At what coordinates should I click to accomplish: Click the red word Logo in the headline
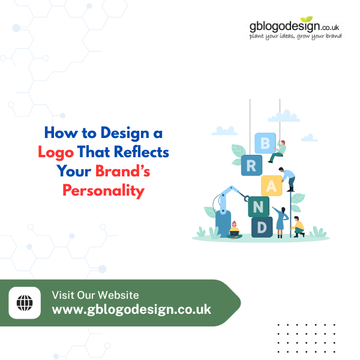pos(56,152)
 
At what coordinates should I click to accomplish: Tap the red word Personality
pos(104,191)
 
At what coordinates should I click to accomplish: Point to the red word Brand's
pos(124,172)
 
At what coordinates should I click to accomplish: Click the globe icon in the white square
pos(25,303)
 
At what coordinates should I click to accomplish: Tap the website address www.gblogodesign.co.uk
pos(131,310)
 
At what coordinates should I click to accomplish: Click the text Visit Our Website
pos(95,295)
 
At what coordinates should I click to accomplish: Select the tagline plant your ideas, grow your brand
pos(296,37)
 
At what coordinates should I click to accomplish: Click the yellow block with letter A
pos(272,186)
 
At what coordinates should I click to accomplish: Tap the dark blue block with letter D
pos(262,227)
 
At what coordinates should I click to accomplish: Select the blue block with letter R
pos(252,166)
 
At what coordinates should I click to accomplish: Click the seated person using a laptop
pos(235,230)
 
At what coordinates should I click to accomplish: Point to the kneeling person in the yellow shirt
pos(297,226)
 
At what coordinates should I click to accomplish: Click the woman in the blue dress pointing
pos(280,219)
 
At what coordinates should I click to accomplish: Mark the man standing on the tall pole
pos(289,178)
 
